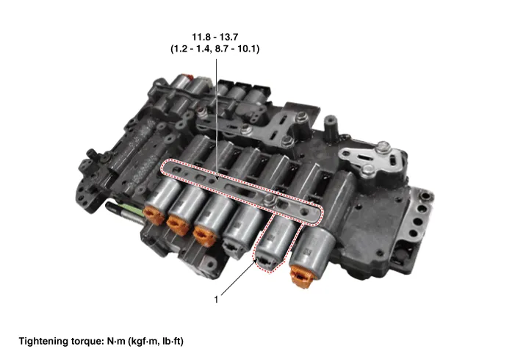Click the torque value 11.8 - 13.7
215,37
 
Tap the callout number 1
216,300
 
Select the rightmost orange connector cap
301,276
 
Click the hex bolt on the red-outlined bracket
270,198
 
